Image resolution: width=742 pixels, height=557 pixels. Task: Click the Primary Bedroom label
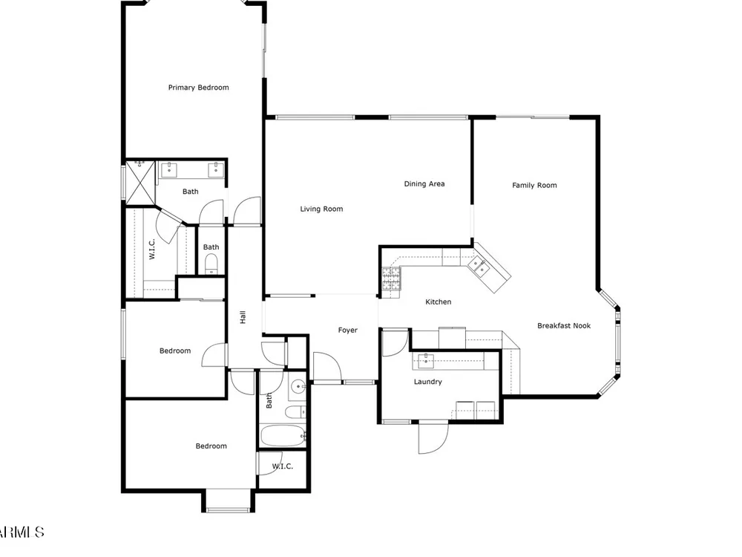(x=198, y=88)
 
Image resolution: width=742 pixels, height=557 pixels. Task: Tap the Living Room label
(x=321, y=209)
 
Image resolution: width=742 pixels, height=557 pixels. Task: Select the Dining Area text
(x=424, y=183)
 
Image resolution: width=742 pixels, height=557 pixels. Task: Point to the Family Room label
(x=534, y=185)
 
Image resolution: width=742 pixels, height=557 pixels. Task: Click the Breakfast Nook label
(x=564, y=325)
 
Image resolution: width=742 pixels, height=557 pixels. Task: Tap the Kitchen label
(x=439, y=302)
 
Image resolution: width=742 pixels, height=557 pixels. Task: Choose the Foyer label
(x=347, y=330)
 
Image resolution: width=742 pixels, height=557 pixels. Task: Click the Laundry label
(x=428, y=382)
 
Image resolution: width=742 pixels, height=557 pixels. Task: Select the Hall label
(x=243, y=317)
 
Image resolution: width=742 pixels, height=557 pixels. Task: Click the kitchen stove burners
(x=391, y=278)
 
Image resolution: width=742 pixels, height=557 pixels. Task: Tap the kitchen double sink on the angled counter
(x=479, y=266)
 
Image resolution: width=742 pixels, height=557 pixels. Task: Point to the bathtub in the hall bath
(x=282, y=436)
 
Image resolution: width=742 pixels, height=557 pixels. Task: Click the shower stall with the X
(x=140, y=183)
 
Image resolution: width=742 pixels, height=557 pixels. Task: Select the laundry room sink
(x=427, y=360)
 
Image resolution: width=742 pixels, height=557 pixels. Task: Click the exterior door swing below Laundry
(x=433, y=437)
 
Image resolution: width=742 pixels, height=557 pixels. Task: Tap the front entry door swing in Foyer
(x=326, y=366)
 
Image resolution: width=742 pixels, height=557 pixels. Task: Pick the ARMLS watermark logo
(x=22, y=532)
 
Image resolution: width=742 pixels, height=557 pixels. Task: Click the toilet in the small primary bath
(x=211, y=264)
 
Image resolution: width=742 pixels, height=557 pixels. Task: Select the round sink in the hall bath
(x=298, y=387)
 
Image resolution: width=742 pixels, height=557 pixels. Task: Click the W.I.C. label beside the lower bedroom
(x=283, y=466)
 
